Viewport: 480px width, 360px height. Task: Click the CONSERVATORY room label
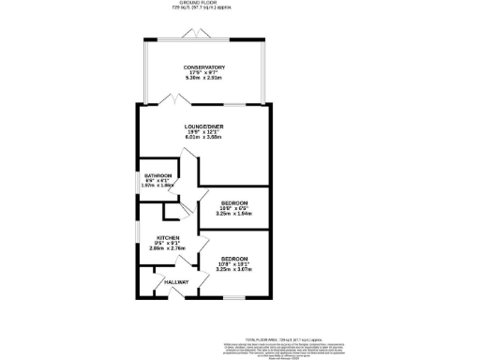click(x=203, y=67)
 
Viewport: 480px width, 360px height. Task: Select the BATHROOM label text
click(x=158, y=175)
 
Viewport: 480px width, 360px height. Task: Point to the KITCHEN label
click(x=169, y=237)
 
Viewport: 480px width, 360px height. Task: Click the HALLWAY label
click(x=176, y=282)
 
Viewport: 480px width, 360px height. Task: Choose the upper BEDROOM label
click(x=234, y=203)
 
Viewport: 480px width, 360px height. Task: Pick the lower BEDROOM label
click(x=234, y=258)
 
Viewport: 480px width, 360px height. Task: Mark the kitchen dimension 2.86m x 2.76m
click(x=169, y=249)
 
